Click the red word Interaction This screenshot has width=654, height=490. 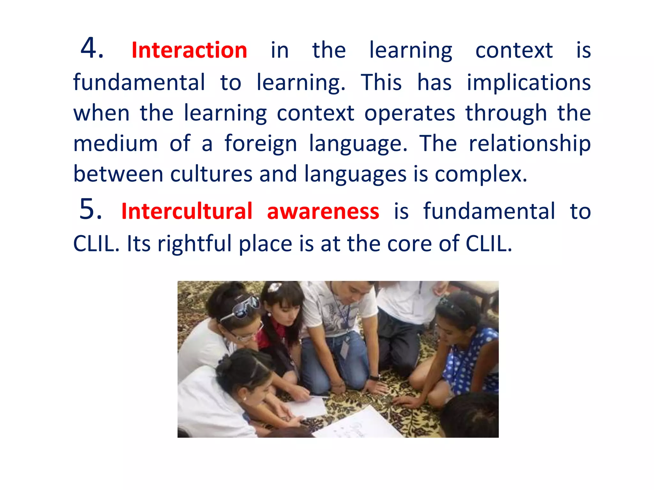point(189,50)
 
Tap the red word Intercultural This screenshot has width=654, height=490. point(187,212)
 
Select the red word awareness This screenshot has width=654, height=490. point(323,212)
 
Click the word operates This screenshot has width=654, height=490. point(410,113)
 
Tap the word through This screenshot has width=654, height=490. point(506,113)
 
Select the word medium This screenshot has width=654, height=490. point(115,144)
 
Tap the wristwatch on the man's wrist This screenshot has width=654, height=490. point(374,378)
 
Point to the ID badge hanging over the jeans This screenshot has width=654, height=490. point(345,348)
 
